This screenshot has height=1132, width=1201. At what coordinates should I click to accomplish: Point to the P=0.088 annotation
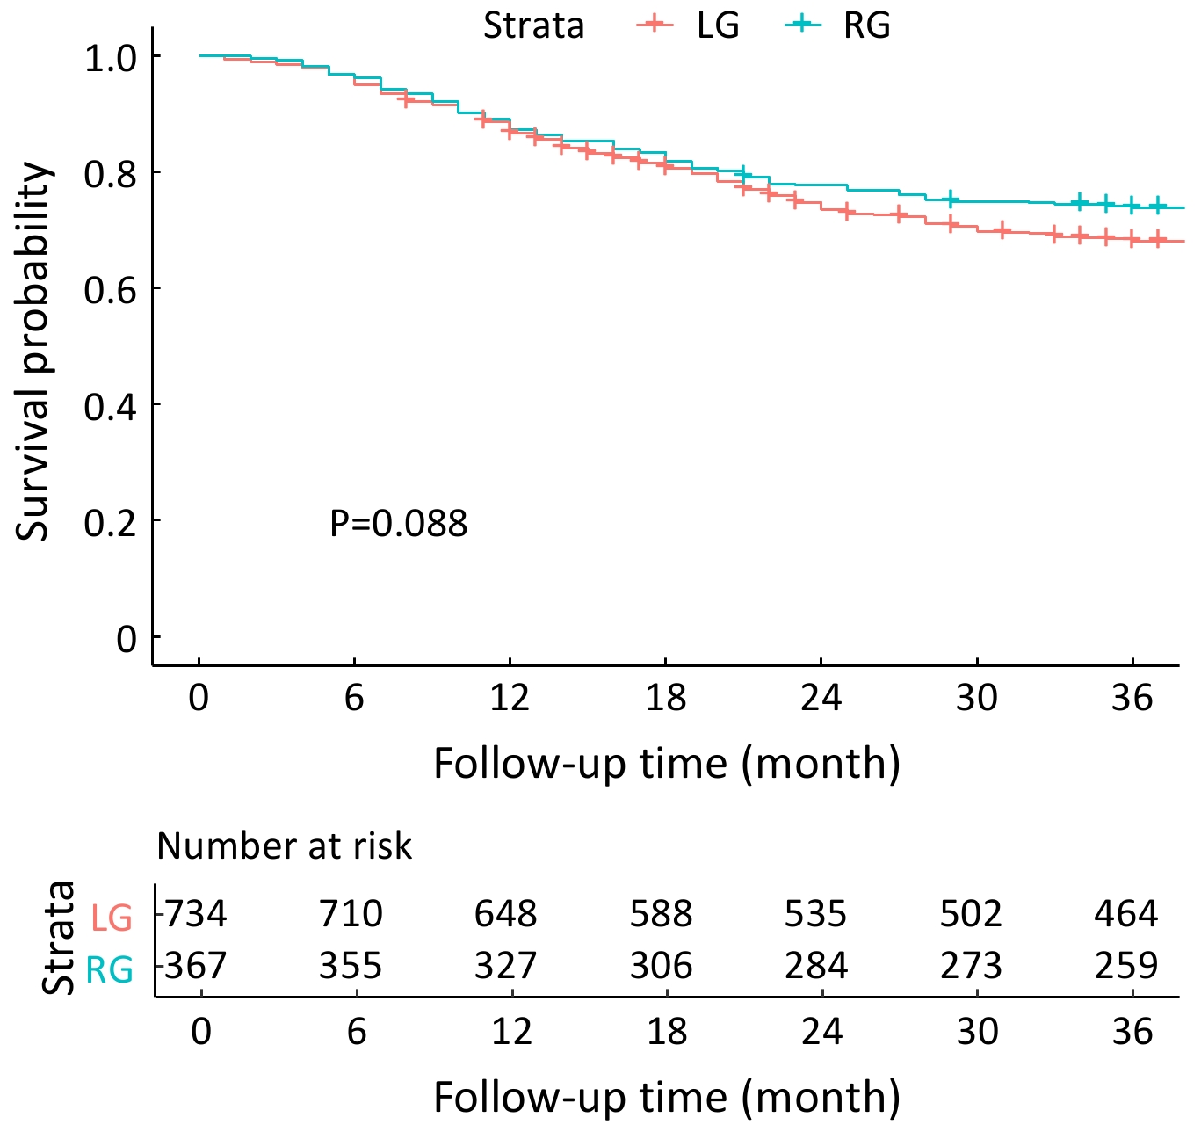[x=398, y=524]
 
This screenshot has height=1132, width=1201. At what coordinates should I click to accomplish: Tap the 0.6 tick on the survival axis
[x=111, y=289]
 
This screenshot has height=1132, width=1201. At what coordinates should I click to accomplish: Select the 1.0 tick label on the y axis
[x=111, y=58]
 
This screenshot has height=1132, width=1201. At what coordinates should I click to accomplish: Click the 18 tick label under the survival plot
[x=665, y=698]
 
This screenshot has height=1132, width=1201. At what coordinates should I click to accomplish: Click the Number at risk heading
[x=284, y=846]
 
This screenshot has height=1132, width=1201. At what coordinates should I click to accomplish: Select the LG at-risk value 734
[x=196, y=914]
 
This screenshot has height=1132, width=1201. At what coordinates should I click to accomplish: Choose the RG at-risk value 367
[x=196, y=966]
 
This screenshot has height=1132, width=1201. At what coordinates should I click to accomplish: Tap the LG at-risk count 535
[x=816, y=914]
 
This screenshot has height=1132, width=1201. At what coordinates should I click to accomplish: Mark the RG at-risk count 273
[x=971, y=966]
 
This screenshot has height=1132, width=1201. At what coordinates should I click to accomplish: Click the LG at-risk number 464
[x=1126, y=914]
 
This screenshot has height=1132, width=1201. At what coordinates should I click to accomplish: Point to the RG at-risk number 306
[x=661, y=966]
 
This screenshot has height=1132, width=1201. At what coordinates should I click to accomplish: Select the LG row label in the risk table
[x=112, y=918]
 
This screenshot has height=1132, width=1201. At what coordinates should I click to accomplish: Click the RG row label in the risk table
[x=110, y=970]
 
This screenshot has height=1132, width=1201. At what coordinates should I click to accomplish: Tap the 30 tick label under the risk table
[x=977, y=1031]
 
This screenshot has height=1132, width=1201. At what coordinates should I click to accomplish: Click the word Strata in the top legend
[x=533, y=25]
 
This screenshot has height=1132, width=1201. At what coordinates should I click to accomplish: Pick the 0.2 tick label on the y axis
[x=111, y=523]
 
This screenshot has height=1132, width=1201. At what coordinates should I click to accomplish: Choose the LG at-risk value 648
[x=506, y=914]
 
